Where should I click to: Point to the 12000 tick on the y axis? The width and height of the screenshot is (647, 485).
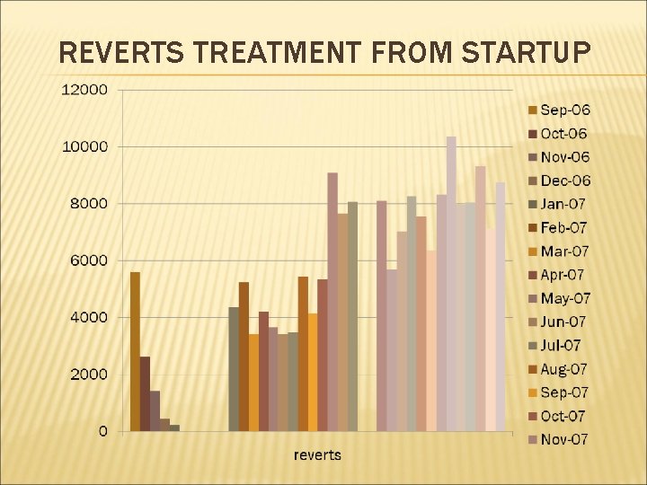pyautogui.click(x=84, y=90)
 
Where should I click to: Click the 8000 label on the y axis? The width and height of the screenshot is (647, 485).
pyautogui.click(x=87, y=204)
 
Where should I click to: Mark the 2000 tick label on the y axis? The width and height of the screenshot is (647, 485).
pyautogui.click(x=87, y=375)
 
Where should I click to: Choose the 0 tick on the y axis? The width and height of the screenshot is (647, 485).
pyautogui.click(x=102, y=431)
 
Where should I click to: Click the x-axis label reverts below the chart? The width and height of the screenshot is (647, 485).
pyautogui.click(x=317, y=455)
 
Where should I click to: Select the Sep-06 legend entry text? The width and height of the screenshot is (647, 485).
pyautogui.click(x=565, y=110)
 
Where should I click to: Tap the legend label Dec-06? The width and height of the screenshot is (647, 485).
pyautogui.click(x=565, y=181)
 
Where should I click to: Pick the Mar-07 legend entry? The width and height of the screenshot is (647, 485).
pyautogui.click(x=565, y=251)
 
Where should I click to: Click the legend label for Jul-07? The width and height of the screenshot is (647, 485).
pyautogui.click(x=562, y=346)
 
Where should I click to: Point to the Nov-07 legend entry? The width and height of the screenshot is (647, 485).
pyautogui.click(x=565, y=439)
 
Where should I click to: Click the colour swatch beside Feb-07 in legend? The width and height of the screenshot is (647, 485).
pyautogui.click(x=531, y=228)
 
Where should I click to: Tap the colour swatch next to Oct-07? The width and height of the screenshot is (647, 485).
pyautogui.click(x=531, y=416)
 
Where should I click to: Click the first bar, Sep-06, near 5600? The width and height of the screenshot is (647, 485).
pyautogui.click(x=135, y=351)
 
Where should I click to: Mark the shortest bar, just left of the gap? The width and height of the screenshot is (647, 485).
pyautogui.click(x=174, y=428)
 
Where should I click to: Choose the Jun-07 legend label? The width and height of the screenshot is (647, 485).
pyautogui.click(x=564, y=322)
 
